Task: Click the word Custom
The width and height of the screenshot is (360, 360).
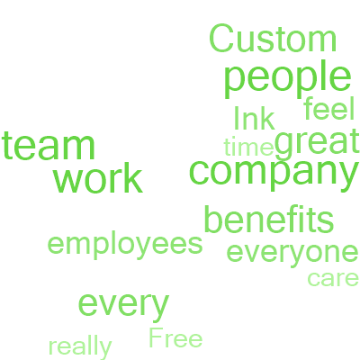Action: point(273,39)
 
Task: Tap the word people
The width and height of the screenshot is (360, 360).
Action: point(287,79)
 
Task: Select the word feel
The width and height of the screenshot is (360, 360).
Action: point(329,108)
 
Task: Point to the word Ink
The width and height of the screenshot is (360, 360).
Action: point(254,118)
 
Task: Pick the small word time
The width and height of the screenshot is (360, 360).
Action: point(248,147)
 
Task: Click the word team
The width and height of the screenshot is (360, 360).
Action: point(49,146)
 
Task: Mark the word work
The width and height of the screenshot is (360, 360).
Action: point(98,178)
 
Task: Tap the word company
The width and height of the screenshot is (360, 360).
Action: point(274,174)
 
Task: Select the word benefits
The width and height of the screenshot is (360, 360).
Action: point(269,219)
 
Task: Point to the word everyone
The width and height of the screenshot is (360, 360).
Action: point(292,254)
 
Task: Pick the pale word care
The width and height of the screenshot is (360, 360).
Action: point(333,279)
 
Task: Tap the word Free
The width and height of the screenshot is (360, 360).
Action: point(175,337)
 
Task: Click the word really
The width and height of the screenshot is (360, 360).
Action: point(80,348)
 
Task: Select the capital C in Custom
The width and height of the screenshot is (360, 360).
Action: point(221,39)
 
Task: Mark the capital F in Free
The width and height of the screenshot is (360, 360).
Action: point(156,337)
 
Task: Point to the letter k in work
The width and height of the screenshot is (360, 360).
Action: point(134,178)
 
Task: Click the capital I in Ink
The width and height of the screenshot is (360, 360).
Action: point(236,118)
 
